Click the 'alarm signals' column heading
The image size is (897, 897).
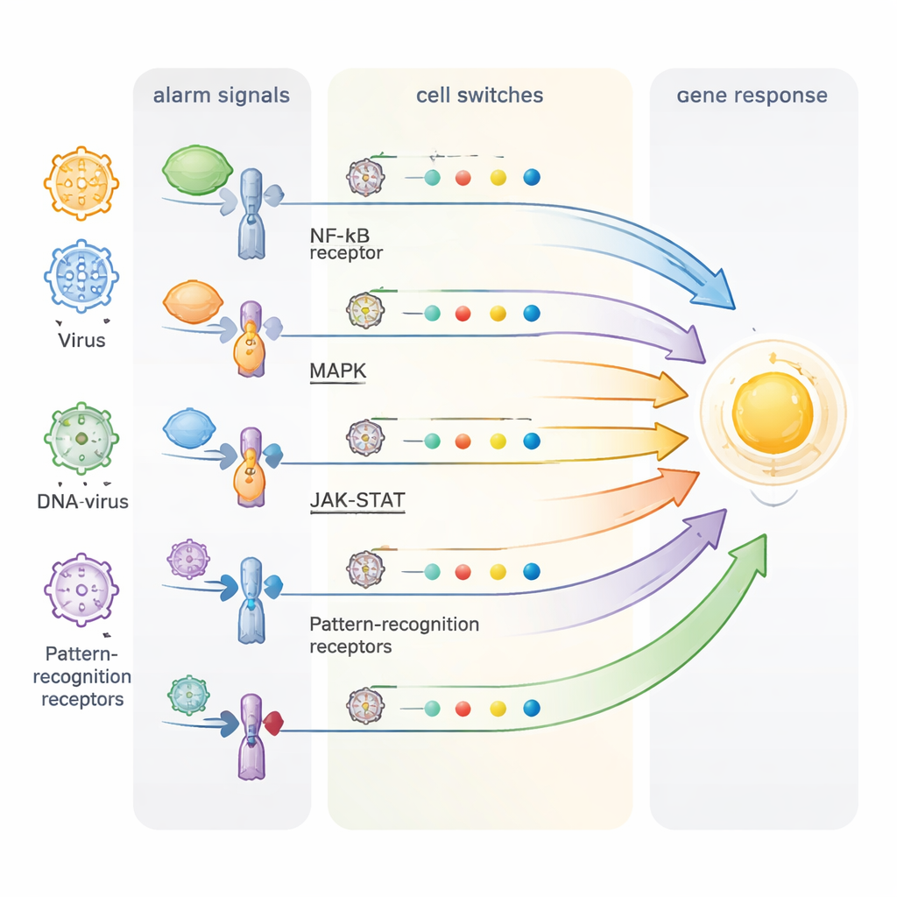coord(221,95)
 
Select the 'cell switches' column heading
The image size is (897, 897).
coord(479,95)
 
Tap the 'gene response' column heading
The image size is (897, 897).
coord(752,95)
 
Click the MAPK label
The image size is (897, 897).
coord(338,371)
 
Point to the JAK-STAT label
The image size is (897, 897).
coord(357,502)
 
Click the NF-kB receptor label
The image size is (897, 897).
coord(347,244)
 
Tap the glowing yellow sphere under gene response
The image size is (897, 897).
coord(773,413)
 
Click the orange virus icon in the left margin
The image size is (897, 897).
coord(81,183)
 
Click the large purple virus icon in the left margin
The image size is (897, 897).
coord(81,590)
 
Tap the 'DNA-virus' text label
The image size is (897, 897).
coord(82,502)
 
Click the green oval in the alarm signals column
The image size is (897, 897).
coord(195,170)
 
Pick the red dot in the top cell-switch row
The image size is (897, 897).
coord(463,178)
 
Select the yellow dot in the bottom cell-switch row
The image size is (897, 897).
coord(498,708)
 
